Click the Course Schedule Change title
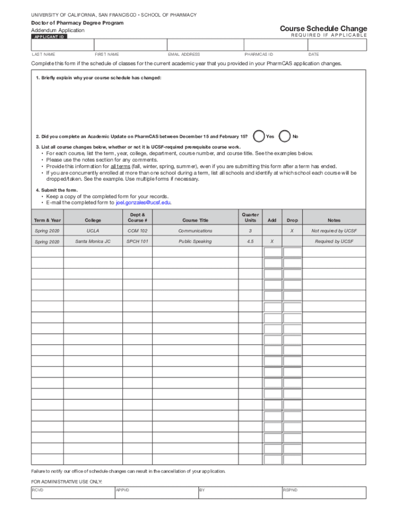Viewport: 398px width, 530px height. [323, 28]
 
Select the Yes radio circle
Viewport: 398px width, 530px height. [260, 137]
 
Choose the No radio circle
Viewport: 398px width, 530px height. [285, 137]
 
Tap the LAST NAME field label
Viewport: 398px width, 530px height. [43, 54]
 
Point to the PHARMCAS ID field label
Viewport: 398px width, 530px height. [258, 54]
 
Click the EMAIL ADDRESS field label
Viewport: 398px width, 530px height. [183, 54]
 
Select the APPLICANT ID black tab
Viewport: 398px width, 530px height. [50, 37]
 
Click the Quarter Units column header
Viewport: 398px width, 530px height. [250, 217]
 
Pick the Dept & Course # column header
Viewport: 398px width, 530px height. [137, 217]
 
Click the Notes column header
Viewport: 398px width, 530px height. [334, 220]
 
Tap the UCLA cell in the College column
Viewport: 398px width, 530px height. [93, 231]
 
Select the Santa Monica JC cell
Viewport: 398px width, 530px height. [93, 242]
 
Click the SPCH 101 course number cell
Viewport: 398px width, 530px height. [137, 242]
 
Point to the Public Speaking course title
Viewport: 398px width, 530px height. [195, 242]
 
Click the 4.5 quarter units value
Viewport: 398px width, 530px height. [250, 242]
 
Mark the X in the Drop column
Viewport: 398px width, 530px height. [292, 231]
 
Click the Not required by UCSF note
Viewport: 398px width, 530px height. [334, 231]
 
